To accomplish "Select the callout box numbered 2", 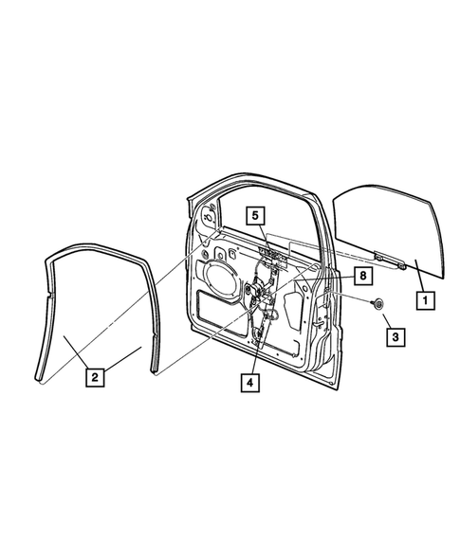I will point(93,377).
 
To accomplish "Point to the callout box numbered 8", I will point(360,275).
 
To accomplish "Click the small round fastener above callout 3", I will point(377,304).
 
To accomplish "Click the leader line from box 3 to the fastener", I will point(386,319).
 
